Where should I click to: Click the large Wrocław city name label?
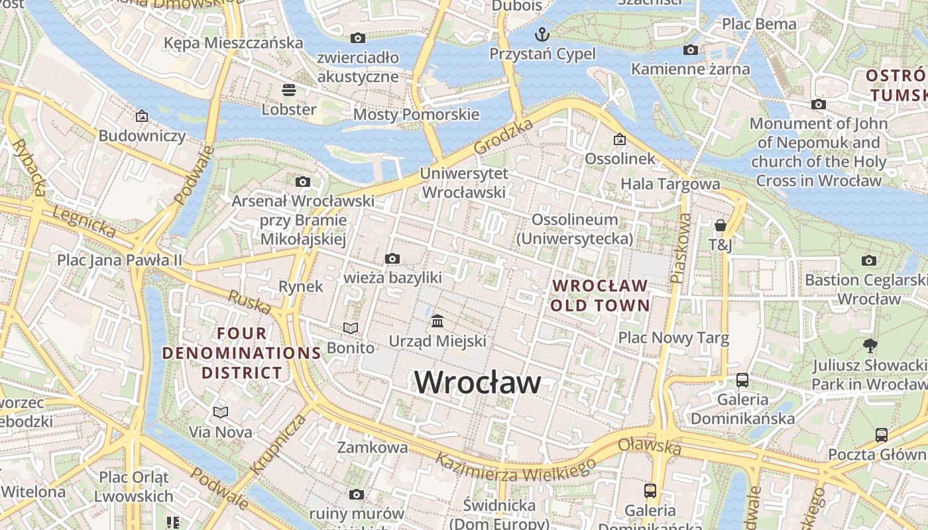click(477, 383)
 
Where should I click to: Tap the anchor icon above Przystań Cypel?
click(542, 34)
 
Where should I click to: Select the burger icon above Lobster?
click(288, 89)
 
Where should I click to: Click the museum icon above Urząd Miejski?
click(437, 321)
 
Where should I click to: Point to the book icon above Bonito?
click(351, 328)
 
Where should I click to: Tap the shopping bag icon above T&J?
click(721, 225)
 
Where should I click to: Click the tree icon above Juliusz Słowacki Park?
click(870, 345)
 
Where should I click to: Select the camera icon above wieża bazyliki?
click(392, 258)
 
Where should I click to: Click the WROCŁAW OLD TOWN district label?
click(600, 295)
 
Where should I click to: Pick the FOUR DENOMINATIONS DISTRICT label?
click(242, 352)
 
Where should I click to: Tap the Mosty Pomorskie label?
click(416, 114)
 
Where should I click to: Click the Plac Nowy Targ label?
click(673, 338)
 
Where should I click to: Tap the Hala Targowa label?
click(670, 184)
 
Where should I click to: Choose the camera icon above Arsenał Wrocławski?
click(303, 182)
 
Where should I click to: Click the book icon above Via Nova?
click(221, 413)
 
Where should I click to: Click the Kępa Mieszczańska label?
click(233, 43)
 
